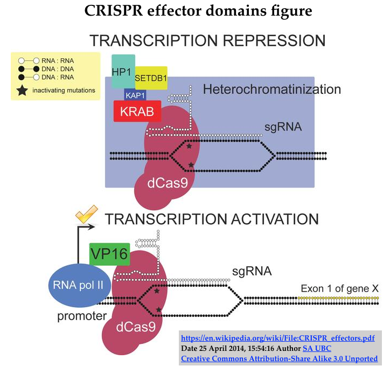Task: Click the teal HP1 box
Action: (x=123, y=71)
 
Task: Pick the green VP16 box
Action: (x=109, y=254)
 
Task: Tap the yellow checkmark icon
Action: (x=86, y=215)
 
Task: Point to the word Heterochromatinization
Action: (x=271, y=89)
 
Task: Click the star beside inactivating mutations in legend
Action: (x=22, y=90)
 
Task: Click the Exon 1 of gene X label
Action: (x=339, y=288)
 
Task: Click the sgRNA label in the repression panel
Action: (x=282, y=128)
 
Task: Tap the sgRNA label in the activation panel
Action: (x=252, y=271)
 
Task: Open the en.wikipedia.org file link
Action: (x=277, y=338)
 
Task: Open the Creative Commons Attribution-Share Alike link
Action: (x=279, y=358)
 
